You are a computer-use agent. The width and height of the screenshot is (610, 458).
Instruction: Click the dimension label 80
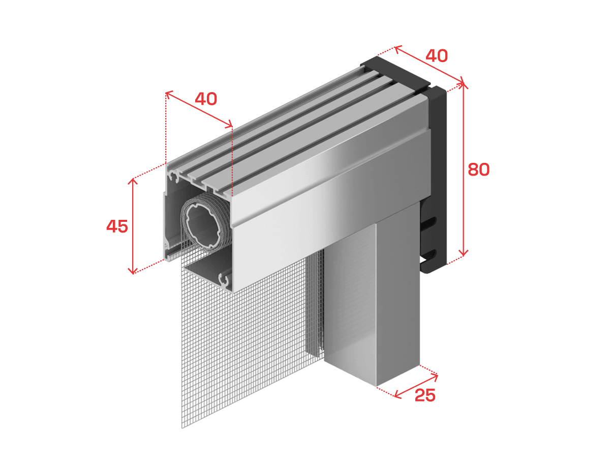[478, 169]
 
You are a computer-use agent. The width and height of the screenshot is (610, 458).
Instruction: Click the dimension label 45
[117, 226]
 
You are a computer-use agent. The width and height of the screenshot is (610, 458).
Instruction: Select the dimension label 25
[425, 395]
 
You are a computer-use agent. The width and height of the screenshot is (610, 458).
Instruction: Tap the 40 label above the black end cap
[437, 55]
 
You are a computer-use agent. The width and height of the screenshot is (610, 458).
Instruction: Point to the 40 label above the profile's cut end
[206, 99]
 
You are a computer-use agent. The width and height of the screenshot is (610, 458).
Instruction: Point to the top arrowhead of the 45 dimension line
[133, 181]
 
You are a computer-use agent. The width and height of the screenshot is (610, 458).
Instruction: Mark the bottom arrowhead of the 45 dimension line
[133, 270]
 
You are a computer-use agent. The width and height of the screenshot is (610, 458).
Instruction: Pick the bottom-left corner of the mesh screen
[182, 428]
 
